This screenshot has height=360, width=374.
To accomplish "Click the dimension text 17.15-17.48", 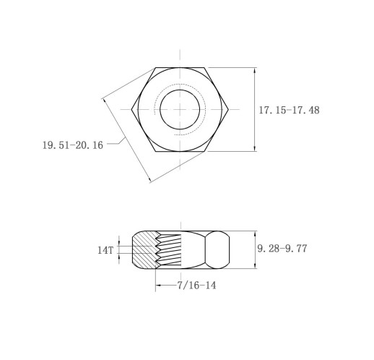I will [289, 111].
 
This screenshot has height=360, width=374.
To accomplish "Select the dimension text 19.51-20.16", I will [72, 145].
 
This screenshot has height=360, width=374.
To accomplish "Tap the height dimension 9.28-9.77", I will [282, 248].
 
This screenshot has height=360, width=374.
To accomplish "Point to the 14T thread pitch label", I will [105, 250].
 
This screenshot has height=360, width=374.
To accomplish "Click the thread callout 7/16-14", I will [196, 286].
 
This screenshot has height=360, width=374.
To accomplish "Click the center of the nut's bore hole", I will [180, 110].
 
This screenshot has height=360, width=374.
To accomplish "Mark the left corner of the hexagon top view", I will [131, 110].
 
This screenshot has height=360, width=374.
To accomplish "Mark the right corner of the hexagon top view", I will [229, 110].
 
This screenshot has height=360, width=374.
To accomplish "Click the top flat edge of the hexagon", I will [180, 68].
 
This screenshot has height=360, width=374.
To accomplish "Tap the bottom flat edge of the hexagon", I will [180, 152].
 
